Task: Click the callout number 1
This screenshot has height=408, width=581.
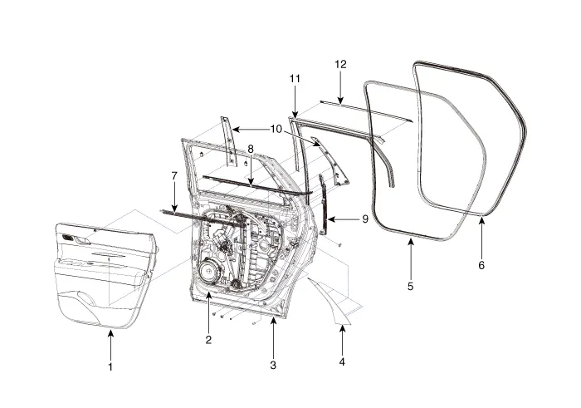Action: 110,366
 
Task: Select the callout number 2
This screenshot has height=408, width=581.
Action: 208,339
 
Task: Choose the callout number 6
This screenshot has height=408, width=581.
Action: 481,265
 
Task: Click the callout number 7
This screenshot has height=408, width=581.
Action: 174,176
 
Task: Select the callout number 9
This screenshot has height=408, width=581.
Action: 364,219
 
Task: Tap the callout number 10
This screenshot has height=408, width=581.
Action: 276,129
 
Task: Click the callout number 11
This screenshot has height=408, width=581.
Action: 294,78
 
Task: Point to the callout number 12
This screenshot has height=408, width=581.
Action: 340,64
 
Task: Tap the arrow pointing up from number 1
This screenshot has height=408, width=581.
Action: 110,343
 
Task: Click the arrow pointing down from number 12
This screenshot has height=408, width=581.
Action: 340,89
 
